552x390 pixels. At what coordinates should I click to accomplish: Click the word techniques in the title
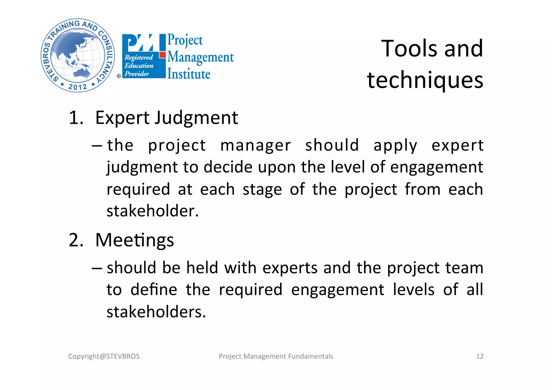(x=425, y=80)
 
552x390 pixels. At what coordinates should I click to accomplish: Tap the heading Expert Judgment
(x=167, y=118)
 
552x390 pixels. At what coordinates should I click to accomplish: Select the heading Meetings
(x=134, y=240)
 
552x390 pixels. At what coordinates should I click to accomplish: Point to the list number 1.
(x=76, y=118)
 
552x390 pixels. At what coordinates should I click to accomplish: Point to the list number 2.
(x=76, y=240)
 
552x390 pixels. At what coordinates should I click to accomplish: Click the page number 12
(x=479, y=356)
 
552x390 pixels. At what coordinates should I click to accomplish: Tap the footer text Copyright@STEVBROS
(x=104, y=356)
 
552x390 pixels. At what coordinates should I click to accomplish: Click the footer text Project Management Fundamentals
(x=276, y=356)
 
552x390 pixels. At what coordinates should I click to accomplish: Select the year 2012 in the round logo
(x=78, y=87)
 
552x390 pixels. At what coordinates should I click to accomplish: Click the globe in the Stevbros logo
(x=78, y=55)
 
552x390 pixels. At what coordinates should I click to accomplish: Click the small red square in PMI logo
(x=162, y=55)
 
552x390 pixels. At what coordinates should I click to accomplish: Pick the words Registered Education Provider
(x=139, y=65)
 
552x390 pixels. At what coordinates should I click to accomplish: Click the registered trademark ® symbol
(x=119, y=76)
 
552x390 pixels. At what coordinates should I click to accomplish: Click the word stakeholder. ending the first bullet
(x=153, y=211)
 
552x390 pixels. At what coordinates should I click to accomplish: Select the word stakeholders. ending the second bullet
(x=156, y=312)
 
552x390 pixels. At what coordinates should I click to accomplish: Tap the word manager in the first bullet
(x=256, y=146)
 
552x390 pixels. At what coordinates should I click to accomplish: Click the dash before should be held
(x=97, y=268)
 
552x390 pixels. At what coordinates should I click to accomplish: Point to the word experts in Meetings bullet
(x=290, y=268)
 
